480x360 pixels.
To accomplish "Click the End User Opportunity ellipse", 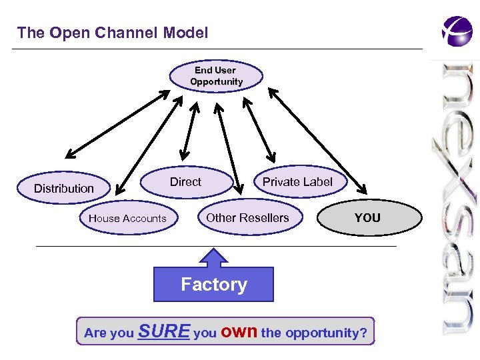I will (x=216, y=76).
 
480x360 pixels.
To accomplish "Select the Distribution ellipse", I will (x=64, y=189).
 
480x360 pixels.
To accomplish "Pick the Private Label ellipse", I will (x=297, y=182).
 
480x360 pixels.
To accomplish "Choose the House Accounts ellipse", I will (x=127, y=218).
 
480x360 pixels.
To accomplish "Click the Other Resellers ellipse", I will (x=247, y=218).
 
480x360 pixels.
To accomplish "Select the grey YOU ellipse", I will (x=367, y=218).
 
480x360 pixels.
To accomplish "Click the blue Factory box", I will (x=213, y=285).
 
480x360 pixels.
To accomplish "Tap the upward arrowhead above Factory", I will (x=213, y=257).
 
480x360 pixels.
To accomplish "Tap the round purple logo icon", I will (x=457, y=31).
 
